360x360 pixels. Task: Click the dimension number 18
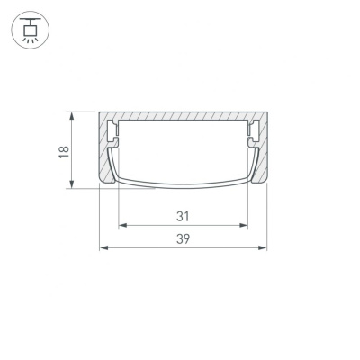(x=64, y=152)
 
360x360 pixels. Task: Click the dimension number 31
(x=183, y=216)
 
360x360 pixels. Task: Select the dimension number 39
(x=183, y=239)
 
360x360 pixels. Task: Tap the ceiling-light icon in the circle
(x=31, y=30)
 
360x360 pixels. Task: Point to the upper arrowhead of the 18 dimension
(x=71, y=116)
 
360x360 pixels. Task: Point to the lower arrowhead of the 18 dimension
(x=71, y=184)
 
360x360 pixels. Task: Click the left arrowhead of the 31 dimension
(x=123, y=225)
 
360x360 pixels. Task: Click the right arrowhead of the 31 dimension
(x=244, y=225)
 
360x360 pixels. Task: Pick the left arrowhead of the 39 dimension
(x=103, y=247)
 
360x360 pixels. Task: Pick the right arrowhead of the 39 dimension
(x=263, y=247)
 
